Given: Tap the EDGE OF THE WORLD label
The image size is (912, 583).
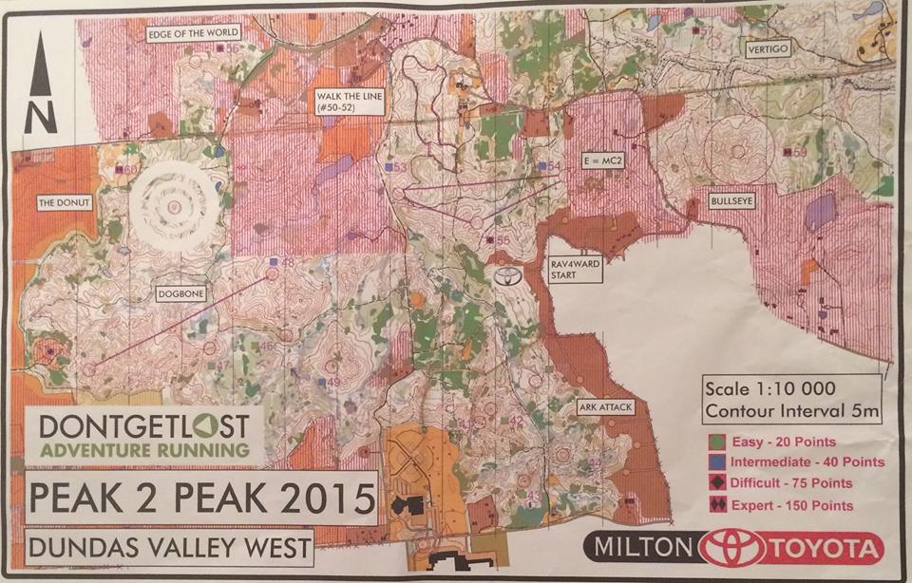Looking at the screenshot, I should pos(193,33).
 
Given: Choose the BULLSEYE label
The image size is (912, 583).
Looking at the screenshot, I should pos(734,201).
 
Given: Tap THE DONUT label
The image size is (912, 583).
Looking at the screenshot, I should pos(61,202).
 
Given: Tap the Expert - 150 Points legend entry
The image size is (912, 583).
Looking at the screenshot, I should pos(779,505).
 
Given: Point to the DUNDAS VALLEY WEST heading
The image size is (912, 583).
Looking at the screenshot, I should pos(169,548).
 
